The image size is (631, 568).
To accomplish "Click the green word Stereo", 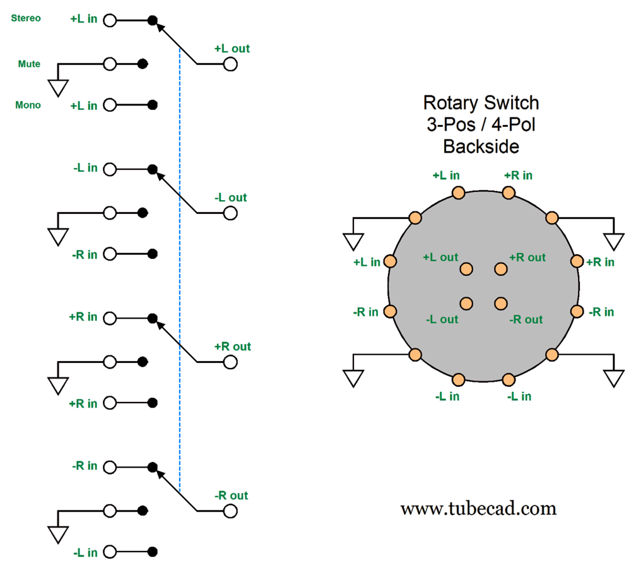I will (x=26, y=18).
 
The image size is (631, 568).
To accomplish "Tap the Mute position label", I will (x=29, y=64).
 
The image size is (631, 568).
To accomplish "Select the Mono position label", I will (x=28, y=105).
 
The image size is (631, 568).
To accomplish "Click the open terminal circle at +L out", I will (x=230, y=64).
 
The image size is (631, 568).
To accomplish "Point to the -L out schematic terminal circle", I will (x=230, y=213).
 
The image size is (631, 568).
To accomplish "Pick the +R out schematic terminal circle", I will (x=230, y=362).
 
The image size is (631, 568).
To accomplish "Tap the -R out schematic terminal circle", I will (x=230, y=511).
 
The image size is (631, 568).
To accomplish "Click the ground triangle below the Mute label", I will (x=58, y=88).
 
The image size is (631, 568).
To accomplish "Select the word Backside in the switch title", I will (x=481, y=146).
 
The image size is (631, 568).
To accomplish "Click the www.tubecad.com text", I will (x=478, y=508).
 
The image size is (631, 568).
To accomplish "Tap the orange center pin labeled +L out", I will (x=466, y=269).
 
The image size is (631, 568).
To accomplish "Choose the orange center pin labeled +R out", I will (x=501, y=269).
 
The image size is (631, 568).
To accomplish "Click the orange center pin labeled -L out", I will (x=466, y=304).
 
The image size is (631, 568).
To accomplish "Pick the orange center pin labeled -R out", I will (x=501, y=304).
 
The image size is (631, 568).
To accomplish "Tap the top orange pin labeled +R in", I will (x=509, y=192).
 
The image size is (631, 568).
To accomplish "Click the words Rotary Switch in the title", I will (x=481, y=102).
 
